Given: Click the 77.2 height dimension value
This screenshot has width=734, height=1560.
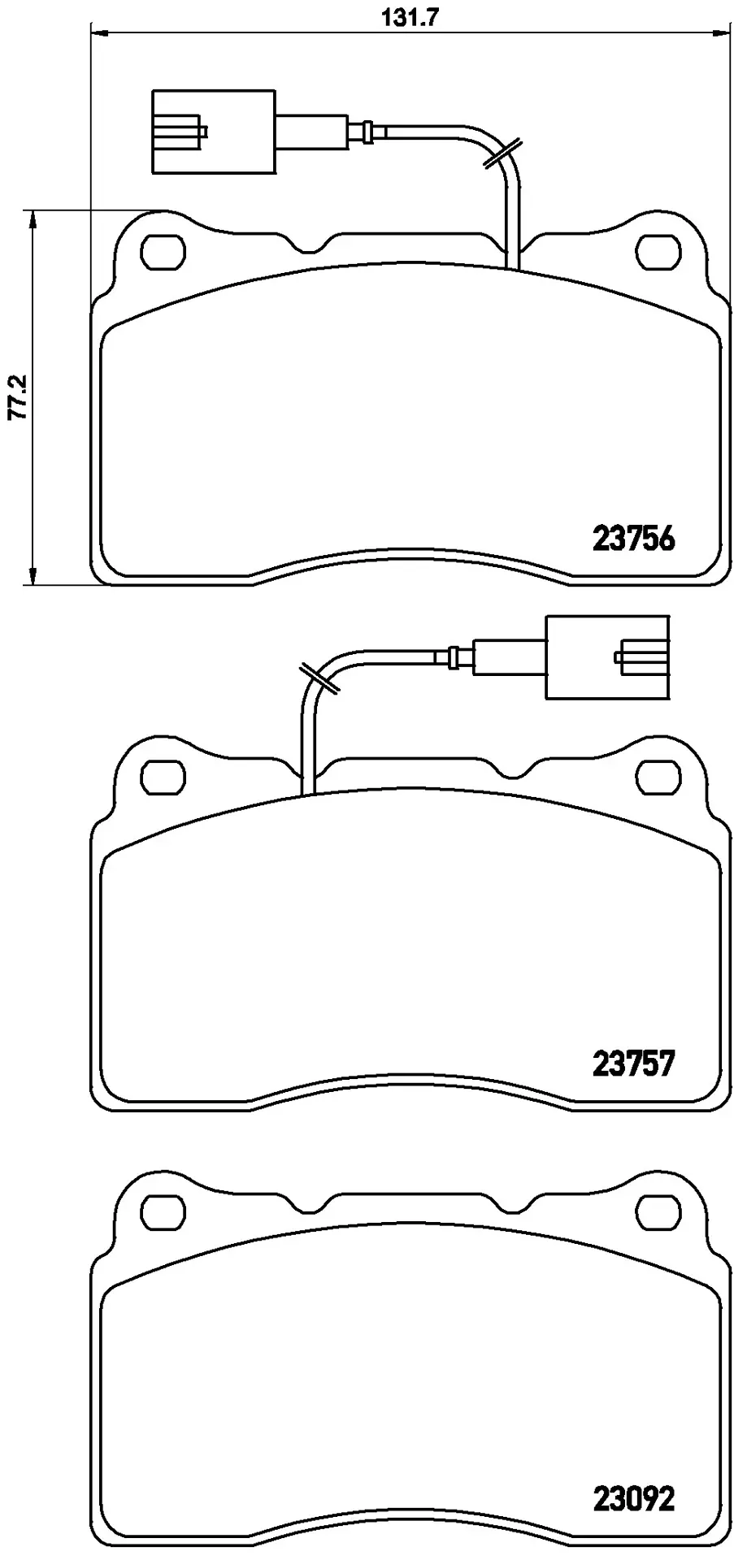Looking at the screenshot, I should click(x=19, y=396).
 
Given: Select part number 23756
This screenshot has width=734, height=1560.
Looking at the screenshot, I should click(x=634, y=539).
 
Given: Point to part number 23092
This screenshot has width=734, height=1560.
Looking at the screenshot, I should click(x=634, y=1499).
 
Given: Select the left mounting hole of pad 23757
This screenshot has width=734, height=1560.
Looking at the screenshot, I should click(x=163, y=777).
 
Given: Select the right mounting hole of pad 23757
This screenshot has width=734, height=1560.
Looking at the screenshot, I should click(x=658, y=777).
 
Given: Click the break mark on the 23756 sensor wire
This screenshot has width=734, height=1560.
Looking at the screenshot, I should click(x=501, y=154).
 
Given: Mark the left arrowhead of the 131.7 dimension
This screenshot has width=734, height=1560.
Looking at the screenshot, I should click(x=97, y=32).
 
